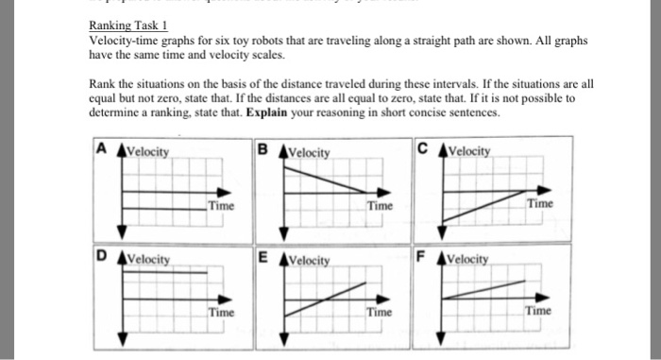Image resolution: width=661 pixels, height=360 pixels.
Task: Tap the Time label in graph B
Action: (x=380, y=205)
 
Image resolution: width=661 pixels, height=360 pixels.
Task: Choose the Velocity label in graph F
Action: (x=471, y=258)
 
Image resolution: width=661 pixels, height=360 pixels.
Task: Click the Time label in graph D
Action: (x=221, y=310)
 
